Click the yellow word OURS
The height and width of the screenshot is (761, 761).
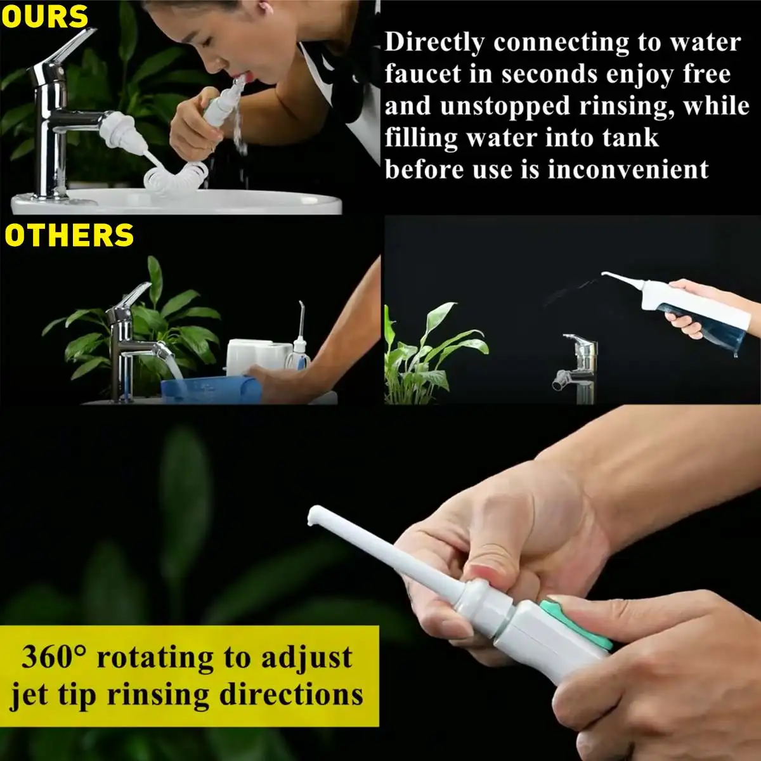(x=44, y=17)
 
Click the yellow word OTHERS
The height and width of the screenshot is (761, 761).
(x=70, y=236)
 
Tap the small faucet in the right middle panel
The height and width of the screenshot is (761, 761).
(x=576, y=365)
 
